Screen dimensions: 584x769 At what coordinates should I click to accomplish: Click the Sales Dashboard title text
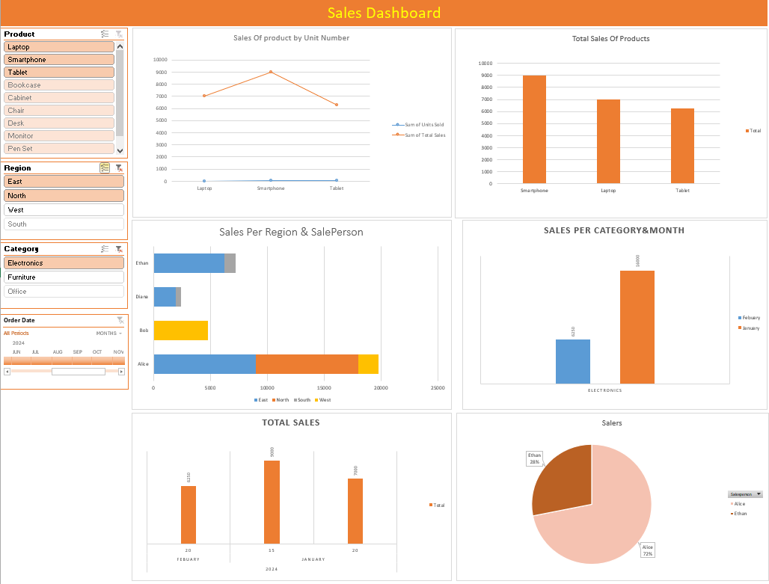pyautogui.click(x=384, y=13)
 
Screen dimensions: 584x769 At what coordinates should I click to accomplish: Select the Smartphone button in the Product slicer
pyautogui.click(x=59, y=60)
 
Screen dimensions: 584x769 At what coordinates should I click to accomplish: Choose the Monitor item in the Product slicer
pyautogui.click(x=59, y=136)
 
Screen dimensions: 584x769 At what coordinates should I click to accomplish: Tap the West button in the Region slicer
pyautogui.click(x=64, y=210)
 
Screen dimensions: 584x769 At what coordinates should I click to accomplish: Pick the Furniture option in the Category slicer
pyautogui.click(x=64, y=277)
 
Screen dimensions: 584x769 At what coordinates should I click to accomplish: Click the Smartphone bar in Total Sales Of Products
pyautogui.click(x=534, y=129)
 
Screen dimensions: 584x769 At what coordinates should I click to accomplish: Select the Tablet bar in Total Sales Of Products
pyautogui.click(x=682, y=146)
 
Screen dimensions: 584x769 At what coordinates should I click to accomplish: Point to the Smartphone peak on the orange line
pyautogui.click(x=271, y=72)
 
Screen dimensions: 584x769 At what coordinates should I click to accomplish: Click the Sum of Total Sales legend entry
pyautogui.click(x=424, y=135)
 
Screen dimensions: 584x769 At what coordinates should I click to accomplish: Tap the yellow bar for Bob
pyautogui.click(x=180, y=331)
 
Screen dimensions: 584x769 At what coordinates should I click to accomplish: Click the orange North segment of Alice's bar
pyautogui.click(x=307, y=364)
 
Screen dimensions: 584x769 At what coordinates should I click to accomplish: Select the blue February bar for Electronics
pyautogui.click(x=572, y=361)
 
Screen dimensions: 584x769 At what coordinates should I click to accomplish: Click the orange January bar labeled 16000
pyautogui.click(x=637, y=327)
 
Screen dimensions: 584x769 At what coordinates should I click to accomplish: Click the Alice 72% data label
pyautogui.click(x=647, y=550)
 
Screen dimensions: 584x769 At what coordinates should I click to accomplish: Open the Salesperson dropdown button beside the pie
pyautogui.click(x=759, y=494)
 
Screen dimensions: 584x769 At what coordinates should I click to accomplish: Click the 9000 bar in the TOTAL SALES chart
pyautogui.click(x=272, y=501)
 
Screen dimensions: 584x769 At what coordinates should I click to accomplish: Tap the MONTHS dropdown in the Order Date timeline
pyautogui.click(x=109, y=333)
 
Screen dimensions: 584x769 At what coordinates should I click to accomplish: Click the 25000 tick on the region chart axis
pyautogui.click(x=438, y=388)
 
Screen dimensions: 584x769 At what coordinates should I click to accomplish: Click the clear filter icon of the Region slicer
pyautogui.click(x=119, y=168)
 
